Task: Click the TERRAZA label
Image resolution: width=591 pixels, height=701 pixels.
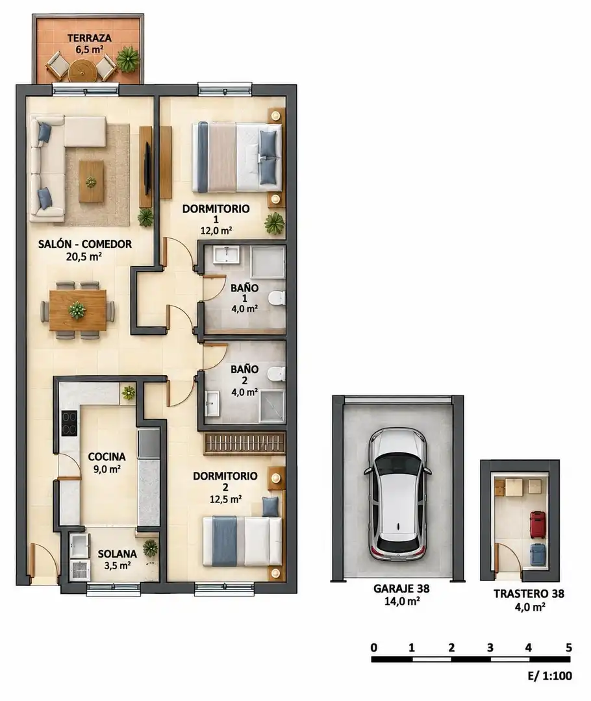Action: (x=90, y=38)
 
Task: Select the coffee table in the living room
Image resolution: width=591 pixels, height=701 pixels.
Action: (x=91, y=182)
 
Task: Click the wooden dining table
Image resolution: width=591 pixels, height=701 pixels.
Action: (x=78, y=310)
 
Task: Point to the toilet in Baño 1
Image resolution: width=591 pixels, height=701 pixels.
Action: (x=277, y=298)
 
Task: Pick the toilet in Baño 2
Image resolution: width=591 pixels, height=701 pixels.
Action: (x=277, y=374)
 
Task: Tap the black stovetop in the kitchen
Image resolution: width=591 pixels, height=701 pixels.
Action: (x=69, y=423)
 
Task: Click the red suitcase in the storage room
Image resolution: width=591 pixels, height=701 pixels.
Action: (x=537, y=525)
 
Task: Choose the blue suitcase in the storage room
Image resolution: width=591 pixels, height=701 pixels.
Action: (x=537, y=556)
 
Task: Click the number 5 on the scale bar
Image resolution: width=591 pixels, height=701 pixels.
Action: (x=569, y=647)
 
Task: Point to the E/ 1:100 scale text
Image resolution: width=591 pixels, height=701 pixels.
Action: (x=550, y=676)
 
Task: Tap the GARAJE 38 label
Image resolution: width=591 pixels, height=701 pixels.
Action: (x=401, y=589)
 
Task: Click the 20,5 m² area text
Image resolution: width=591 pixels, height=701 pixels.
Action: (x=84, y=256)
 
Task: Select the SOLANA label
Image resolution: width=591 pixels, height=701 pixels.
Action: (x=117, y=554)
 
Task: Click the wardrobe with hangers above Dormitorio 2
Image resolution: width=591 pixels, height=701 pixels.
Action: (x=245, y=444)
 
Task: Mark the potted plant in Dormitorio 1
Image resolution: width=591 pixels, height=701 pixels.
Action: (x=274, y=223)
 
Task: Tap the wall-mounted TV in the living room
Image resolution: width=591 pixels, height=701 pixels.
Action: (x=146, y=167)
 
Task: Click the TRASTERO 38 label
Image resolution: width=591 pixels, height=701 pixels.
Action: (x=529, y=594)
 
